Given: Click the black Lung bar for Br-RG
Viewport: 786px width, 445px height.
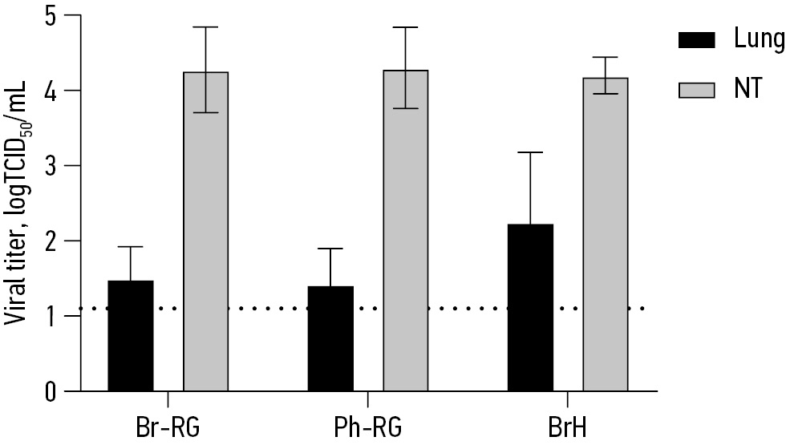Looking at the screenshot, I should pyautogui.click(x=130, y=336).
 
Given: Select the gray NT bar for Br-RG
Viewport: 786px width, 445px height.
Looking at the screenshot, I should pyautogui.click(x=206, y=232).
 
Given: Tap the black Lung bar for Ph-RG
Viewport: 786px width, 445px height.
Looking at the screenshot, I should pyautogui.click(x=330, y=338).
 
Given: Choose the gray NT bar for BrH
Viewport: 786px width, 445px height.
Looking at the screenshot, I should pyautogui.click(x=606, y=234).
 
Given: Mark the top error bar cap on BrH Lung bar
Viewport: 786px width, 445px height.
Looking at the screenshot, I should pyautogui.click(x=530, y=152).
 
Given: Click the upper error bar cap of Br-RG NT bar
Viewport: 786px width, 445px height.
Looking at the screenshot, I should pyautogui.click(x=206, y=27).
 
